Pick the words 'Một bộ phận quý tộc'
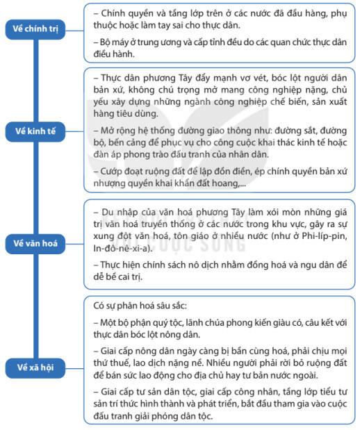[145, 322]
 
